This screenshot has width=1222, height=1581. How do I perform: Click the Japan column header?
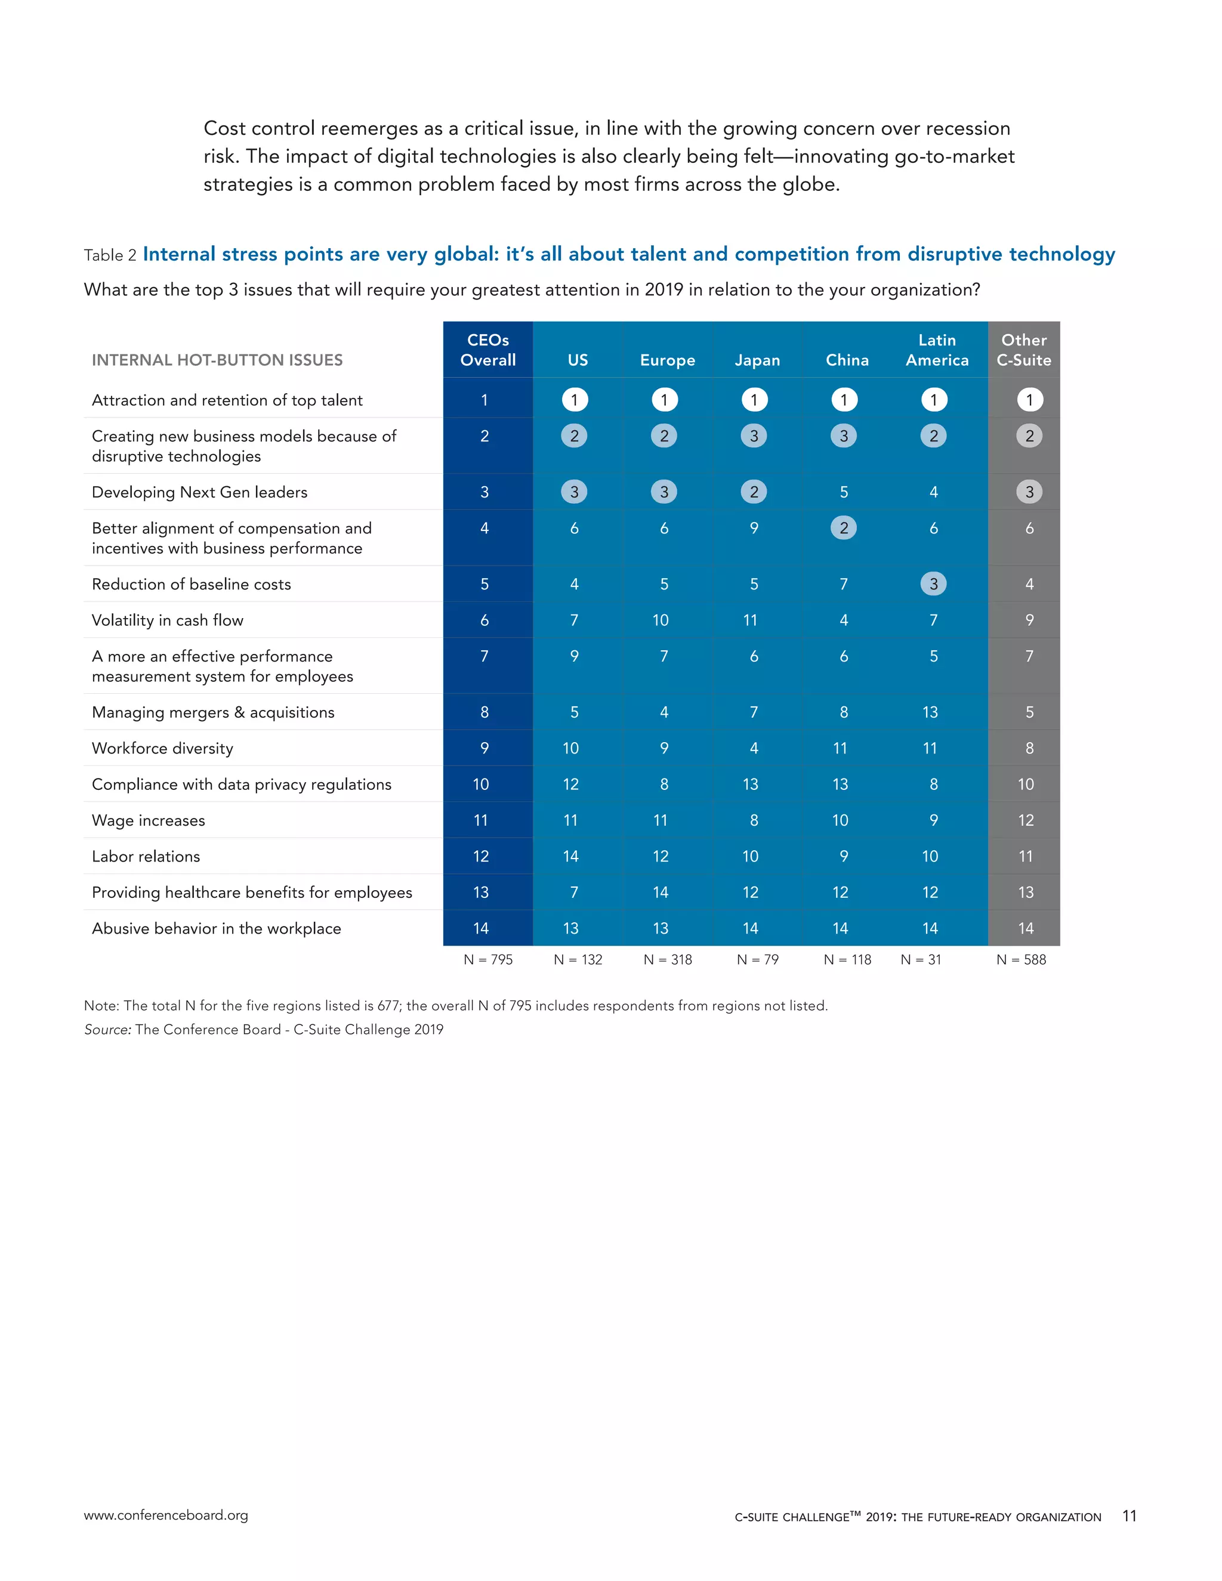(757, 360)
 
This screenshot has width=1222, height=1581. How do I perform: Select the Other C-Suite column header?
(1024, 350)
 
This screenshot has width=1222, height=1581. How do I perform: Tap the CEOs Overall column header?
(488, 350)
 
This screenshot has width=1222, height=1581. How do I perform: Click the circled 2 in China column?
(843, 528)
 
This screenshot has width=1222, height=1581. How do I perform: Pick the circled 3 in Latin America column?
(933, 583)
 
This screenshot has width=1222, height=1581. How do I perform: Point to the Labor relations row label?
(146, 856)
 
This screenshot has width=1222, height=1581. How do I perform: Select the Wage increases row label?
(149, 820)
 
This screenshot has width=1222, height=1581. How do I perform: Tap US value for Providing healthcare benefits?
(574, 892)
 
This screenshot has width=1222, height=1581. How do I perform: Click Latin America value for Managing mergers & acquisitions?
(930, 712)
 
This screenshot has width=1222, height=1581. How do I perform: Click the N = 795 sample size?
(488, 959)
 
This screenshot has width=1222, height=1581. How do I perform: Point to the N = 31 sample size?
(921, 959)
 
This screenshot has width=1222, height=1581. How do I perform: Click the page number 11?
(1128, 1516)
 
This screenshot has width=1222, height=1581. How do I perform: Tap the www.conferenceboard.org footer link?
(166, 1515)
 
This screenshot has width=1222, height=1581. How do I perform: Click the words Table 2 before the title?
(110, 255)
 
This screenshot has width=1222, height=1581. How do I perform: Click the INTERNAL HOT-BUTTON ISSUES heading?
(217, 360)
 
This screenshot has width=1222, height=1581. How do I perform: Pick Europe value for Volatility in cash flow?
(661, 620)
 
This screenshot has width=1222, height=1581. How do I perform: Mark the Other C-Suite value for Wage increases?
(1026, 820)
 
